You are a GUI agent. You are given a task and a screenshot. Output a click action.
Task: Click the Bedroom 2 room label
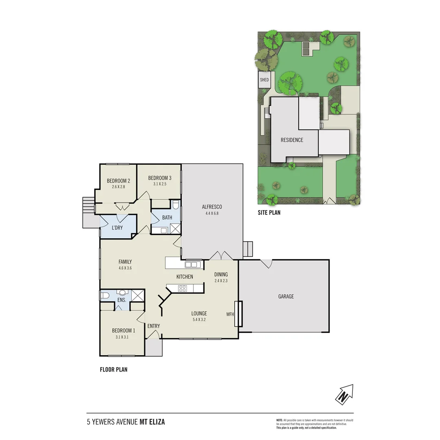[118, 181]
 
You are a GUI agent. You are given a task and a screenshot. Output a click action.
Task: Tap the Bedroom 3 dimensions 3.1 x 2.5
[159, 184]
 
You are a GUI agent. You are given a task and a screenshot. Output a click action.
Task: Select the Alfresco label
[212, 207]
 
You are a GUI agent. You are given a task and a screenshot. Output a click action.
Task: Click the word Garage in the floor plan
[286, 297]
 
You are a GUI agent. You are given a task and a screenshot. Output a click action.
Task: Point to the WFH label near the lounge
[230, 314]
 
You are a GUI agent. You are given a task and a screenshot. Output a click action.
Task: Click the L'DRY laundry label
[117, 228]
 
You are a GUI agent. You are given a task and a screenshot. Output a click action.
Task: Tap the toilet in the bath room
[176, 205]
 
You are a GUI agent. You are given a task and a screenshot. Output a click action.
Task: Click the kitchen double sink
[191, 265]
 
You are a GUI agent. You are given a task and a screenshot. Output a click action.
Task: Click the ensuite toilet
[104, 295]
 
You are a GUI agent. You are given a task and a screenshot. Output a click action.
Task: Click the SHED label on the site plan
[264, 80]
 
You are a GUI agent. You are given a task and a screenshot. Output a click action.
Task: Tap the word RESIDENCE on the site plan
[292, 140]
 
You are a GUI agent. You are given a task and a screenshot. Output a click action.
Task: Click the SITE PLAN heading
[268, 212]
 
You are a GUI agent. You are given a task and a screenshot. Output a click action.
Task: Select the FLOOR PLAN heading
[114, 370]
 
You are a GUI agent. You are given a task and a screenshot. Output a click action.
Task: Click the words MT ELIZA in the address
[152, 422]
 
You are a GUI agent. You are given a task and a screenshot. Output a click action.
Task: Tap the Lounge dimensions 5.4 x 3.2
[199, 320]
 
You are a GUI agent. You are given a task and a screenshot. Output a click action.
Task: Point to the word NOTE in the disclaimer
[279, 420]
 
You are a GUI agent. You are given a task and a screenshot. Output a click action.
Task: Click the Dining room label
[221, 275]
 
